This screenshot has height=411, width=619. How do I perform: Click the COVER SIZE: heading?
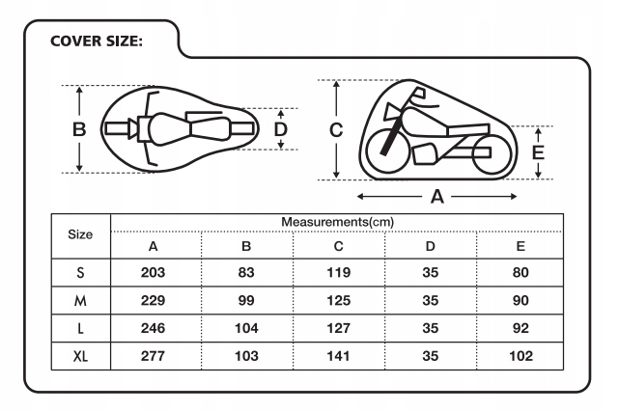tap(96, 41)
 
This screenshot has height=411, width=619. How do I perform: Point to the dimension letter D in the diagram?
tap(281, 128)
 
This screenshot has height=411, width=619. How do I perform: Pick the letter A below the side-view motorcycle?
tap(436, 197)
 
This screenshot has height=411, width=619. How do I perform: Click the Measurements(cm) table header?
tap(337, 222)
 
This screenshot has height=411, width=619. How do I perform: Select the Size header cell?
tap(81, 233)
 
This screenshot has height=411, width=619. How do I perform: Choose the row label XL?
tap(81, 357)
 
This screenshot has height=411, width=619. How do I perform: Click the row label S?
tap(81, 273)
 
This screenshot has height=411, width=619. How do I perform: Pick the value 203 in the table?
tap(154, 273)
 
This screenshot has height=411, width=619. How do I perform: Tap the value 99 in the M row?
tap(245, 301)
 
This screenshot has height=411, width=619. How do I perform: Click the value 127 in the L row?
tap(337, 329)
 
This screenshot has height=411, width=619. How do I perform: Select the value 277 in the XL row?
tap(154, 357)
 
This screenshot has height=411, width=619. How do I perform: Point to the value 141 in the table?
tap(337, 357)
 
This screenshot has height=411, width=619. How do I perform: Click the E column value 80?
tap(521, 273)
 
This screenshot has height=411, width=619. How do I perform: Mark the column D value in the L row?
tap(430, 329)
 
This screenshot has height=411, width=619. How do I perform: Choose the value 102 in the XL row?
tap(521, 357)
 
